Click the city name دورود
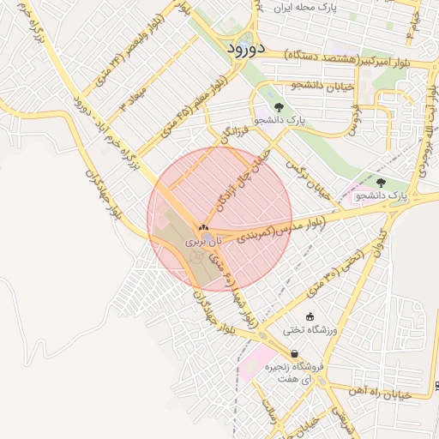pos(246,48)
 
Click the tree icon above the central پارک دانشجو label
pos(278,107)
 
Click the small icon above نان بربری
pos(203,228)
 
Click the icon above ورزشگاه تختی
pos(310,316)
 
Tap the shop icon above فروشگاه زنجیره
pos(294,353)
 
